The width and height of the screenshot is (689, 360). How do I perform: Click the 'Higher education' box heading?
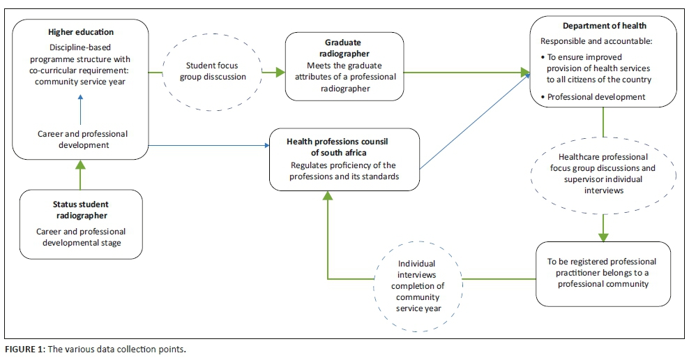(x=81, y=32)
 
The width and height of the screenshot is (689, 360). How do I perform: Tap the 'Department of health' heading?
(x=604, y=27)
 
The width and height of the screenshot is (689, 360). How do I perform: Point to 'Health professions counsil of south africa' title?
(x=337, y=147)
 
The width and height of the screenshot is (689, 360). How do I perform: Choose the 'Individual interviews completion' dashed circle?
(x=416, y=286)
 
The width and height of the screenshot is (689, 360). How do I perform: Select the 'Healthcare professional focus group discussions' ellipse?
(x=603, y=174)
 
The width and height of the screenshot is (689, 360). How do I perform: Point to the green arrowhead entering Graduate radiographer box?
(x=279, y=71)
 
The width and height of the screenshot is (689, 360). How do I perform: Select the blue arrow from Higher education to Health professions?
(x=209, y=146)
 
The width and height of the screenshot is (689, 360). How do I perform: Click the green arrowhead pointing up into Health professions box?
(x=326, y=196)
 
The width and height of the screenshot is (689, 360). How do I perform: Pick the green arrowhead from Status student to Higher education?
(x=81, y=165)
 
